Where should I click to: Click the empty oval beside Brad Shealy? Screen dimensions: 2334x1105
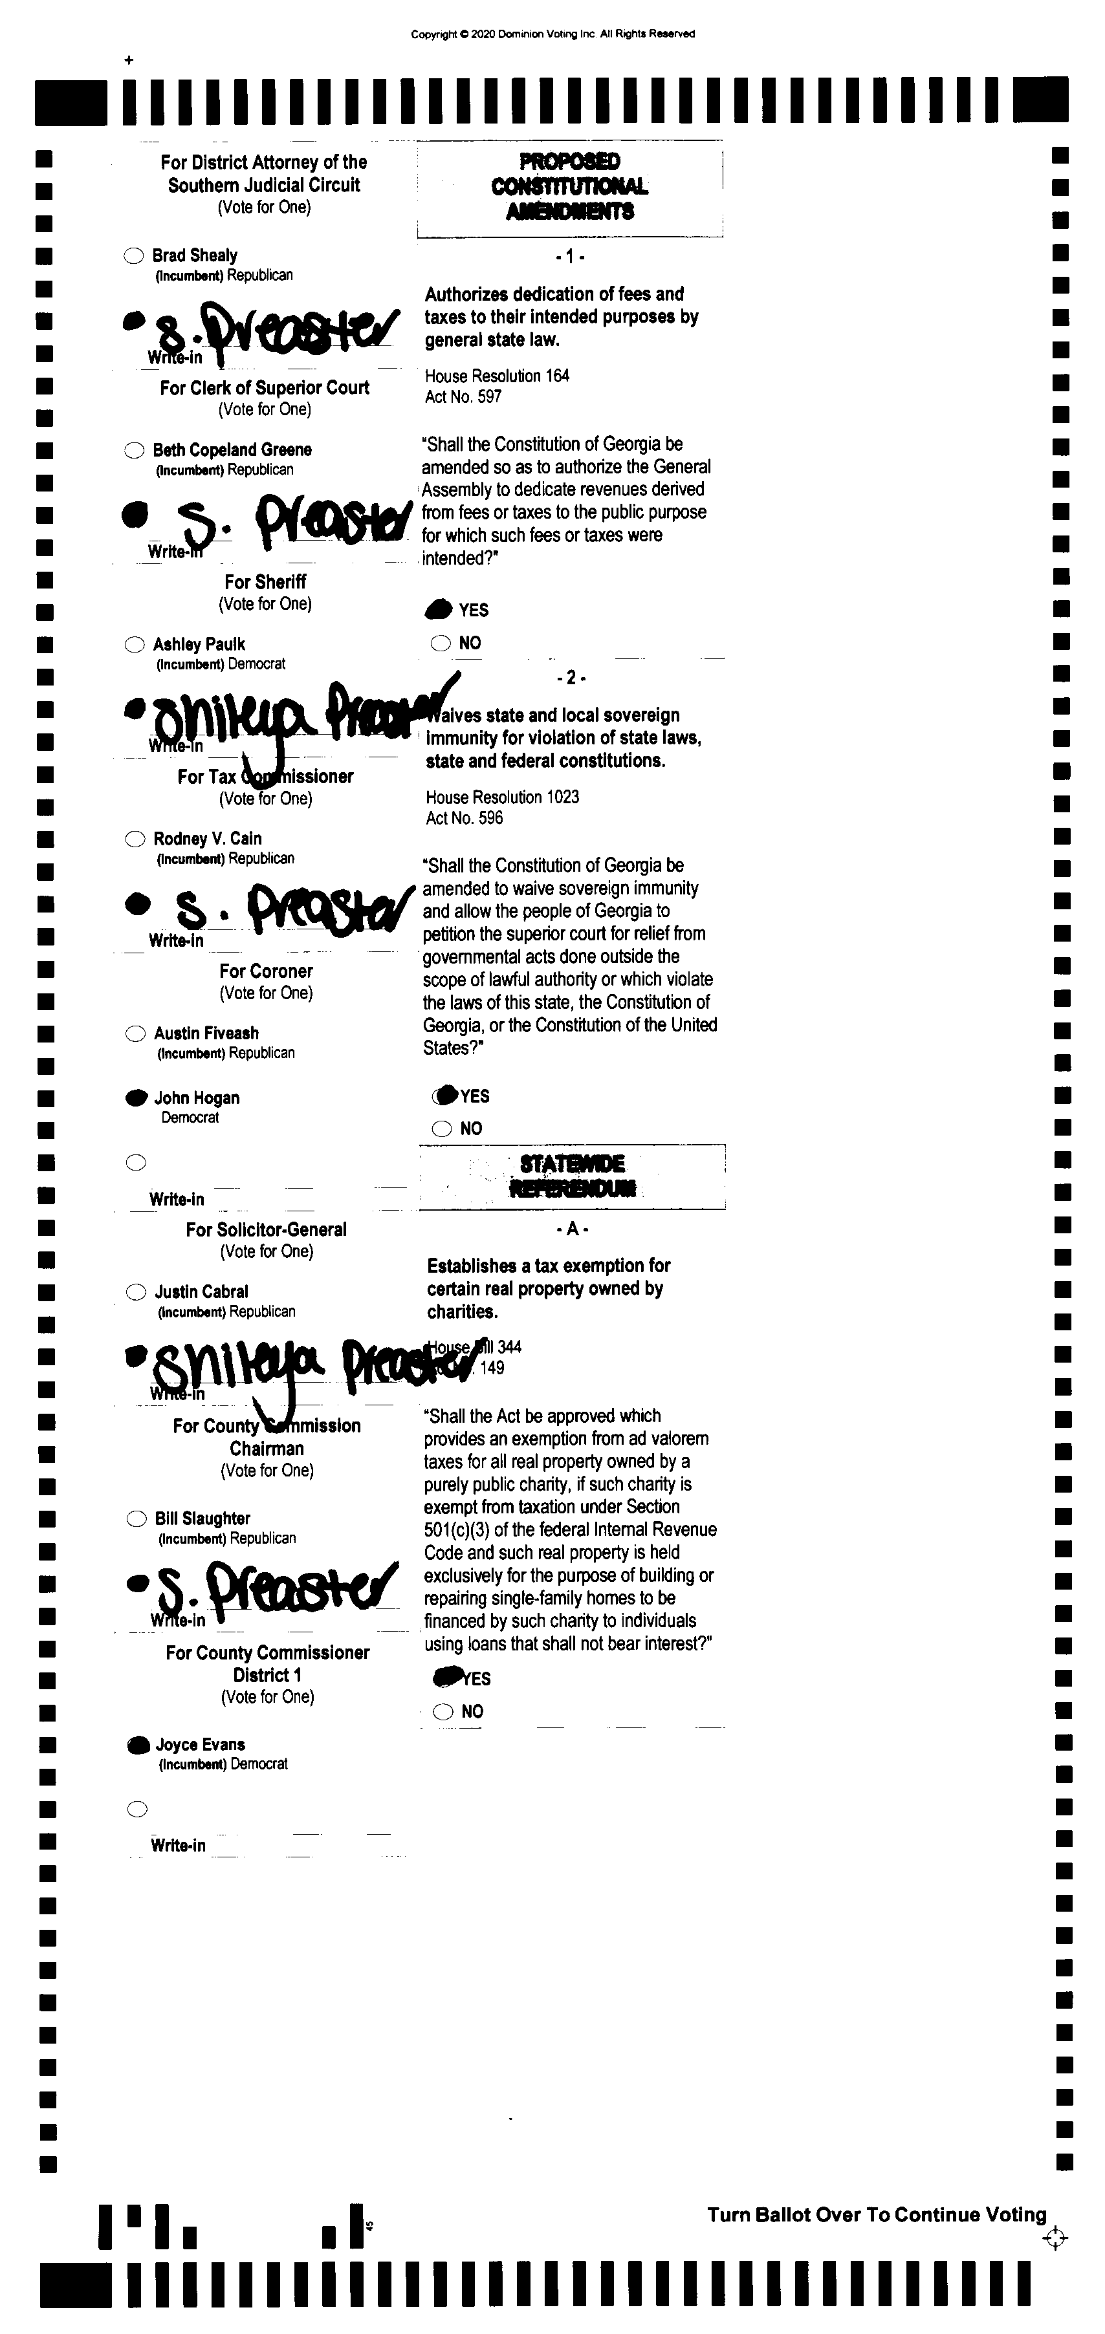click(133, 255)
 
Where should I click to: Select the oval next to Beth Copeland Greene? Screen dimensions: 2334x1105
click(134, 449)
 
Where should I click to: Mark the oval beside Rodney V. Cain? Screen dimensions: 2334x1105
click(135, 839)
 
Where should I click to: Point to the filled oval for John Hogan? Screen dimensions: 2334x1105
click(136, 1098)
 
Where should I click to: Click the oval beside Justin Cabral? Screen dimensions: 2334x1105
click(136, 1292)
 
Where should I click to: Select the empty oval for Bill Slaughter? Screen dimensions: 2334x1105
click(137, 1518)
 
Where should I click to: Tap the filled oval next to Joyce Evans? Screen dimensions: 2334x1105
click(138, 1745)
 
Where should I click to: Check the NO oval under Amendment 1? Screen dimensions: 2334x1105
click(441, 643)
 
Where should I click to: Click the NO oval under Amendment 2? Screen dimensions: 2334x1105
click(441, 1129)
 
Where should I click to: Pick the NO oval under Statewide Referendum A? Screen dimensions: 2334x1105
click(443, 1712)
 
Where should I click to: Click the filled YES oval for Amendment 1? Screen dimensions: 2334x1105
click(439, 610)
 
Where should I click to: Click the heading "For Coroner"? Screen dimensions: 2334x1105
click(266, 970)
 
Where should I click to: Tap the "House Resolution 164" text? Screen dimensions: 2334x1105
click(497, 376)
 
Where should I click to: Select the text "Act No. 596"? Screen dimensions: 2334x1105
click(464, 818)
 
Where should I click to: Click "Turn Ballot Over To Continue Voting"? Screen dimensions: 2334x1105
click(877, 2215)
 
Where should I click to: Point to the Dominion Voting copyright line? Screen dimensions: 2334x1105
click(553, 34)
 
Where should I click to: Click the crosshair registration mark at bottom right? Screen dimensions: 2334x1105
click(1055, 2239)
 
